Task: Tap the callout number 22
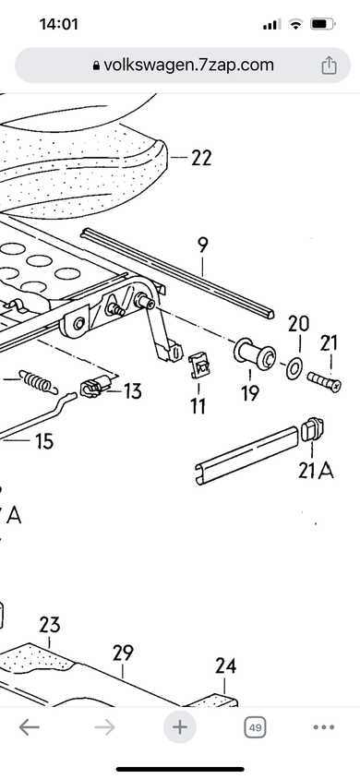[201, 158]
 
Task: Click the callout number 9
[202, 246]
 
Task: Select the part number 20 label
[299, 324]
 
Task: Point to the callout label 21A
[316, 470]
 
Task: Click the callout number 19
[250, 392]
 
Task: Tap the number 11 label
[198, 406]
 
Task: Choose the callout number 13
[132, 391]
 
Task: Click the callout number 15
[44, 441]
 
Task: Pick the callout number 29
[123, 653]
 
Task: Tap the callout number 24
[225, 665]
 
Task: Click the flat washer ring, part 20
[294, 369]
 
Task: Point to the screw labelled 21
[324, 381]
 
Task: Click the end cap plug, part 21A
[312, 429]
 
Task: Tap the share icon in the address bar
[329, 66]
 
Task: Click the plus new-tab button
[180, 727]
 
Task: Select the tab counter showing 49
[254, 728]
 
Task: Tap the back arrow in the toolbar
[30, 727]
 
